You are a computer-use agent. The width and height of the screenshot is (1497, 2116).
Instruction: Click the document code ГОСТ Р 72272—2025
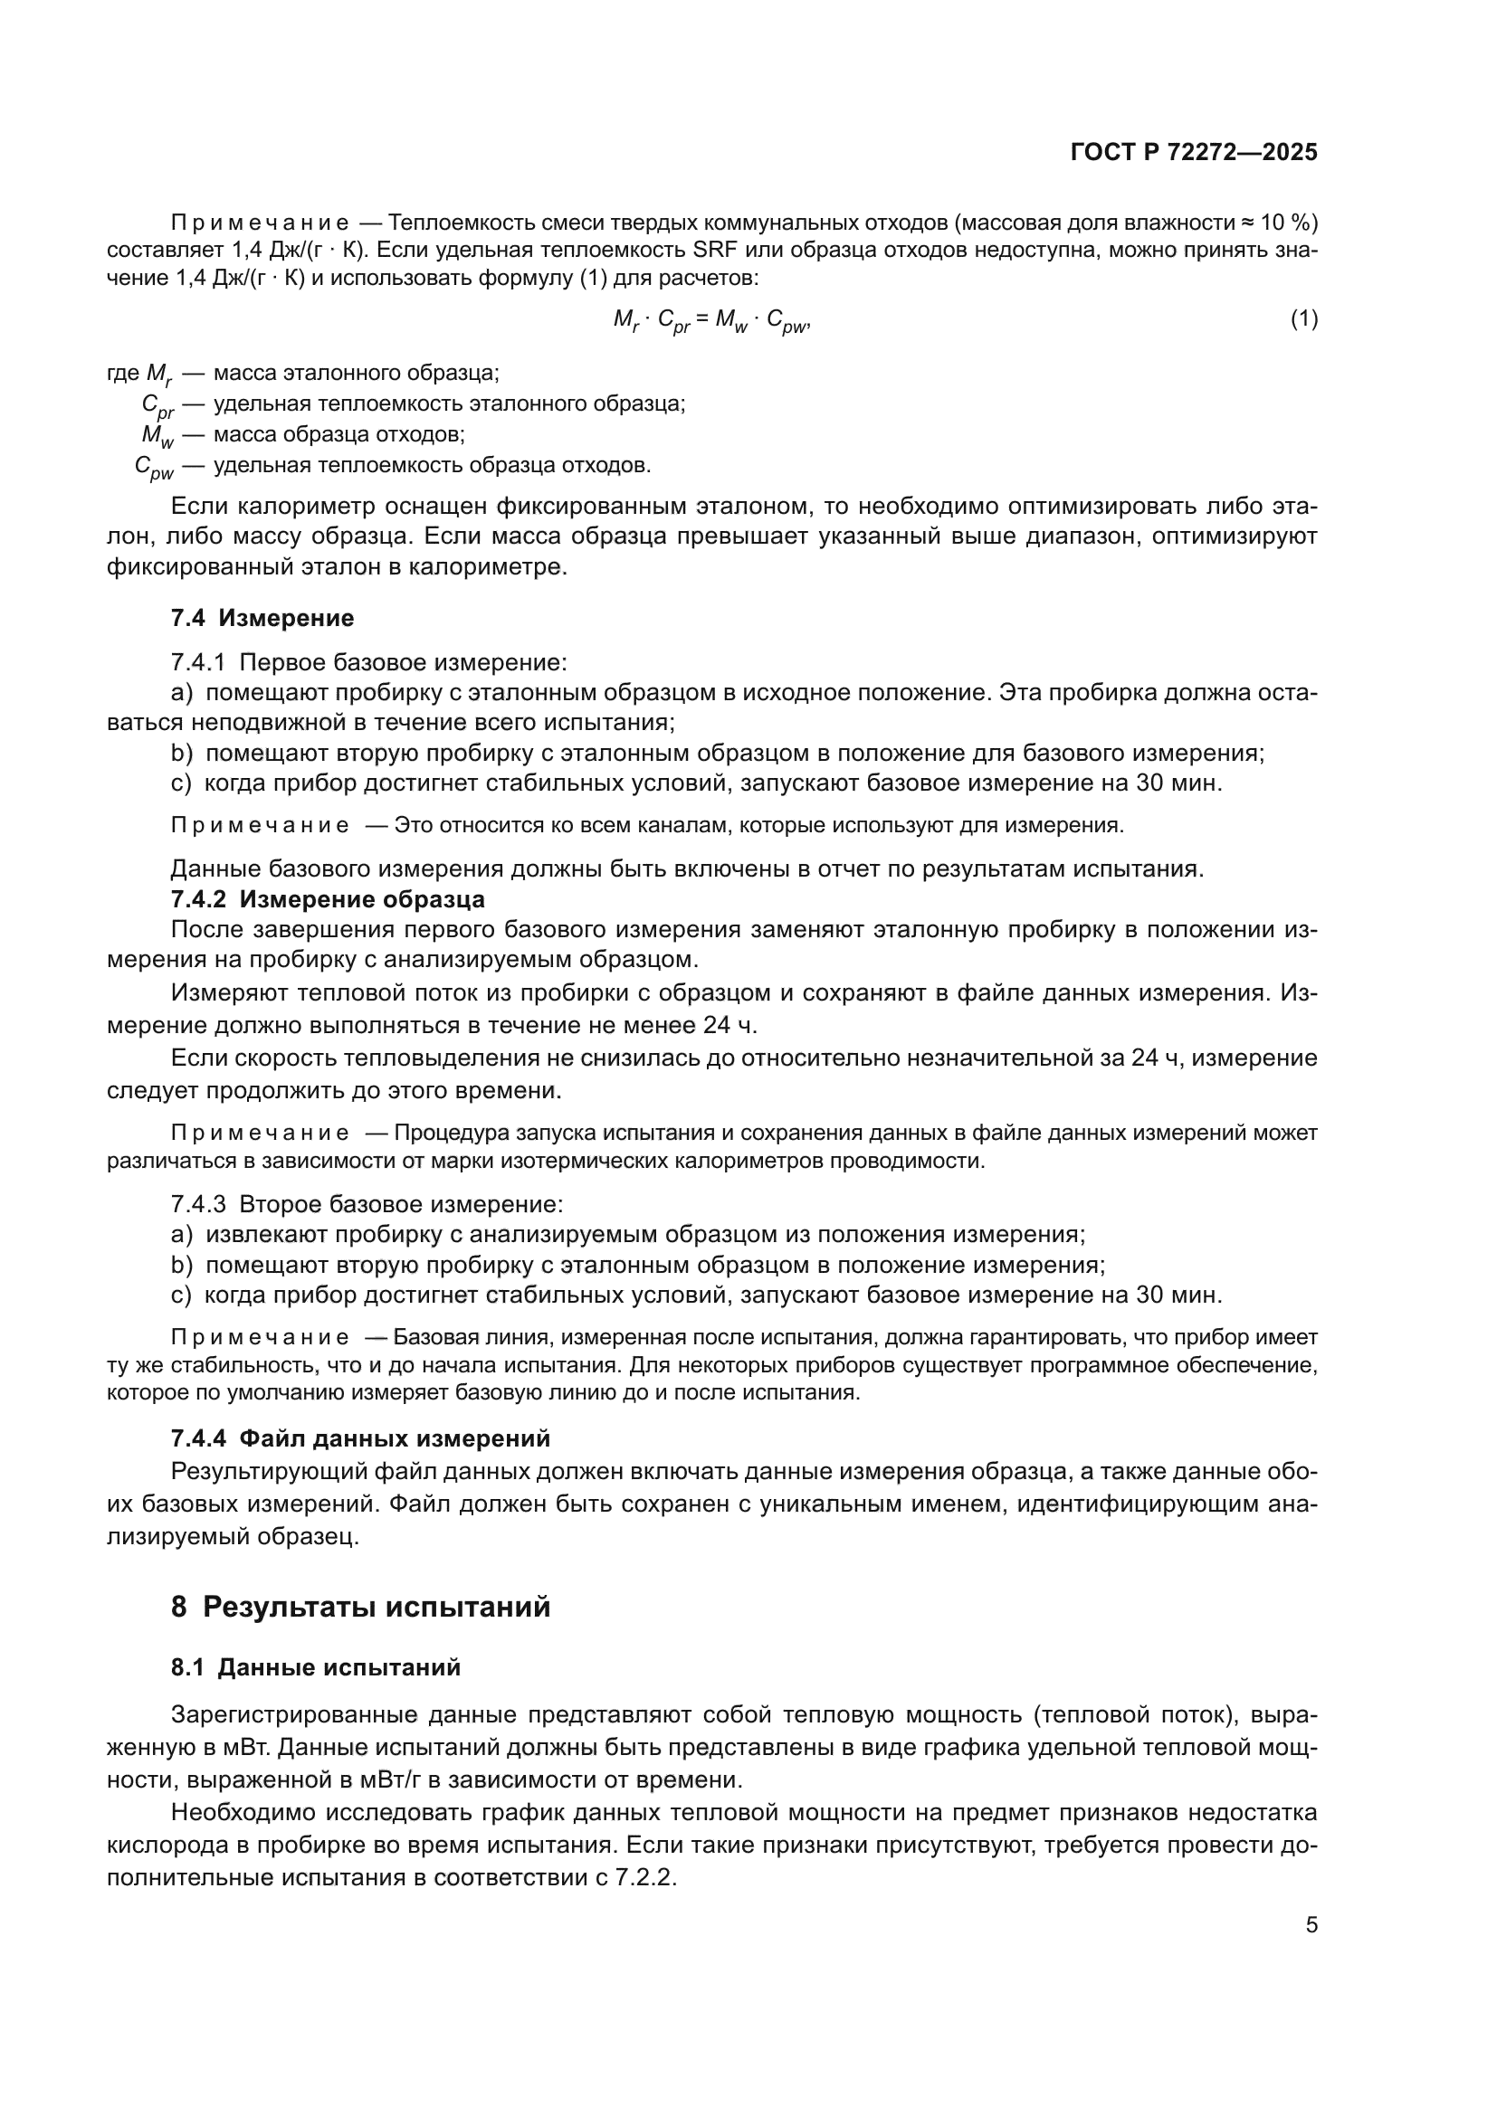(1194, 153)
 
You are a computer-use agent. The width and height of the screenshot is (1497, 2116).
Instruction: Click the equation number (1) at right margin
(1303, 318)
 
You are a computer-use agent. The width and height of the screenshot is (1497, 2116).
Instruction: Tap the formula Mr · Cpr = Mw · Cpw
(710, 321)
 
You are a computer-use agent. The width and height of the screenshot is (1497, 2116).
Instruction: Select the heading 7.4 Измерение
(262, 618)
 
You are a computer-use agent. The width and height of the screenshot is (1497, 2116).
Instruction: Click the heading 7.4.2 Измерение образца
(328, 898)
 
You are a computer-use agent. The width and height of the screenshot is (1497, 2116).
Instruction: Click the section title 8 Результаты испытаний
(360, 1607)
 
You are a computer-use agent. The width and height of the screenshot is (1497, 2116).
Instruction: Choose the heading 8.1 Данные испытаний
(315, 1667)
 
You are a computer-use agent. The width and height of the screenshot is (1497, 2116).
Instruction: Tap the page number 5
(1311, 1925)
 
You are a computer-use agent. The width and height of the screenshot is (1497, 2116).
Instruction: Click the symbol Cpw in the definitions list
(154, 467)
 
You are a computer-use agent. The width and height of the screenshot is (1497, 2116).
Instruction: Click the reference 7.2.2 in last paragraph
(645, 1877)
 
